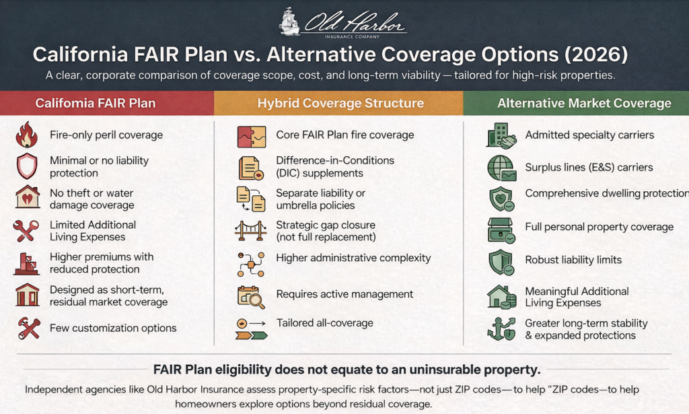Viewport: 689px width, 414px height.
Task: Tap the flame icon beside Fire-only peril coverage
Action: point(27,135)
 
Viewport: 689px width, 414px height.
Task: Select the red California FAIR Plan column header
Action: point(107,103)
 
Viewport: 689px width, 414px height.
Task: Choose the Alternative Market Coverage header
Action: point(576,103)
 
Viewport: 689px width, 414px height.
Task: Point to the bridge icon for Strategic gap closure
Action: point(250,230)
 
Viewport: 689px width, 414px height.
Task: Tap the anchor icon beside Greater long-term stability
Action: point(501,329)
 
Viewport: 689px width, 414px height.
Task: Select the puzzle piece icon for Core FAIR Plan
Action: point(252,137)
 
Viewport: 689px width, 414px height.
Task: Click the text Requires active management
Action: point(344,294)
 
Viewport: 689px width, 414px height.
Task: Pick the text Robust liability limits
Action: point(573,260)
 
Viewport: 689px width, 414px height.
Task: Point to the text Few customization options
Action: point(113,328)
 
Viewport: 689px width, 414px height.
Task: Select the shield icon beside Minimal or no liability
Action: point(27,166)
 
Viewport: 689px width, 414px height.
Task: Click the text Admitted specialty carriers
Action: point(589,135)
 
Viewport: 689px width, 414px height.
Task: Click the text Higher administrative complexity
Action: point(353,258)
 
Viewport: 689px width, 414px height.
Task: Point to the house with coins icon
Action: point(501,297)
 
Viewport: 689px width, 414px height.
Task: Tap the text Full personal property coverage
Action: point(600,227)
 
